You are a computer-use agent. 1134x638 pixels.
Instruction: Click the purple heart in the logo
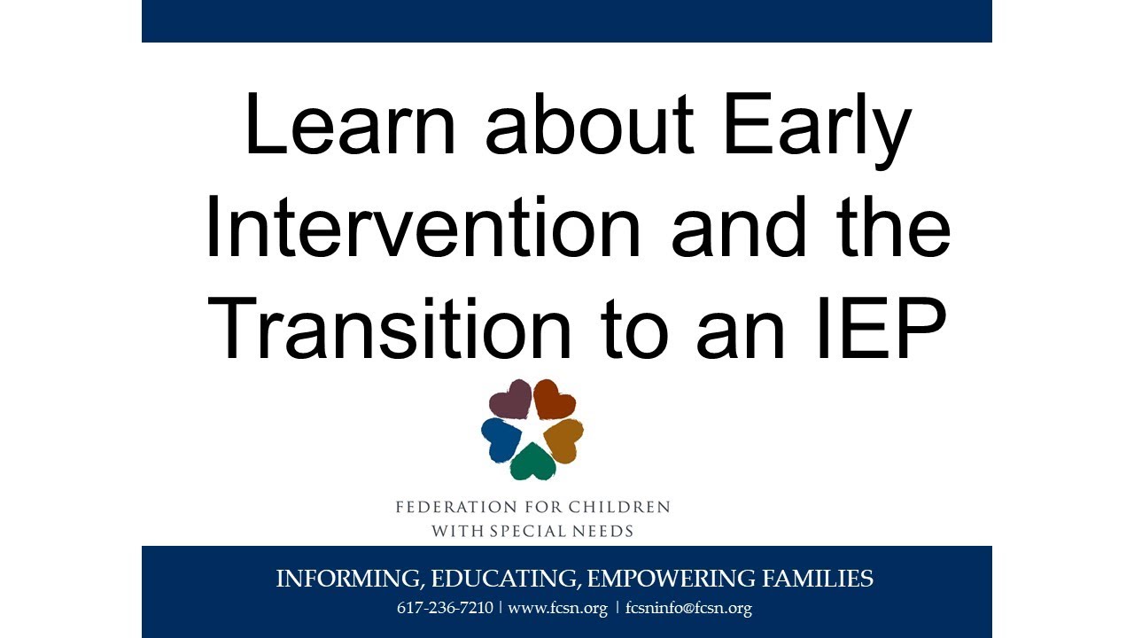coord(511,399)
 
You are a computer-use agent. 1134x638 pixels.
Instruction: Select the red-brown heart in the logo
coord(555,399)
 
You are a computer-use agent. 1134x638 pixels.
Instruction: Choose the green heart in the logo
coord(532,462)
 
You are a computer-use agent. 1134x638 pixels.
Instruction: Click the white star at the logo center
coord(532,431)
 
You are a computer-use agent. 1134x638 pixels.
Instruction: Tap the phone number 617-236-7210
coord(446,609)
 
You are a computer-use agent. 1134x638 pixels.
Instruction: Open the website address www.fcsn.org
coord(557,609)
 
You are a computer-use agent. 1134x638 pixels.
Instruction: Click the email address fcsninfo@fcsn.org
coord(688,609)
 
